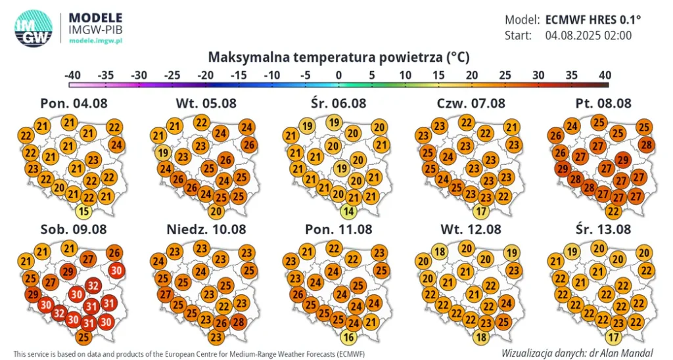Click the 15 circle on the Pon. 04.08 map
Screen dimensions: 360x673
83,212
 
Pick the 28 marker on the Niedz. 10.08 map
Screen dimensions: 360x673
239,322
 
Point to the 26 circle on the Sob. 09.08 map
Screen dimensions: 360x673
114,252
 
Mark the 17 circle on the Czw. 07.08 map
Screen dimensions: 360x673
482,212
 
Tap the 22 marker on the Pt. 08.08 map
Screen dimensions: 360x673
613,212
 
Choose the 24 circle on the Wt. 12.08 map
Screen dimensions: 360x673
505,303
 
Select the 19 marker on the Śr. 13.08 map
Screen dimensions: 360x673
572,251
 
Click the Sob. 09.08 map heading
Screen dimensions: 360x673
73,229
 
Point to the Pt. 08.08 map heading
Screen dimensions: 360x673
603,103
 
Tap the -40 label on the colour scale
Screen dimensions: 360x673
73,75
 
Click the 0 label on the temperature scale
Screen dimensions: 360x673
338,75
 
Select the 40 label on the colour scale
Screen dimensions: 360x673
604,75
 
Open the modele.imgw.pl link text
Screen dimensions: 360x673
97,41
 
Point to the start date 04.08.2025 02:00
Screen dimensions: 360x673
588,35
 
